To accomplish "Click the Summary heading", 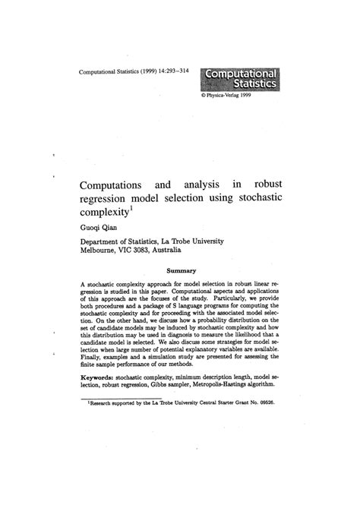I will coord(181,270).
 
